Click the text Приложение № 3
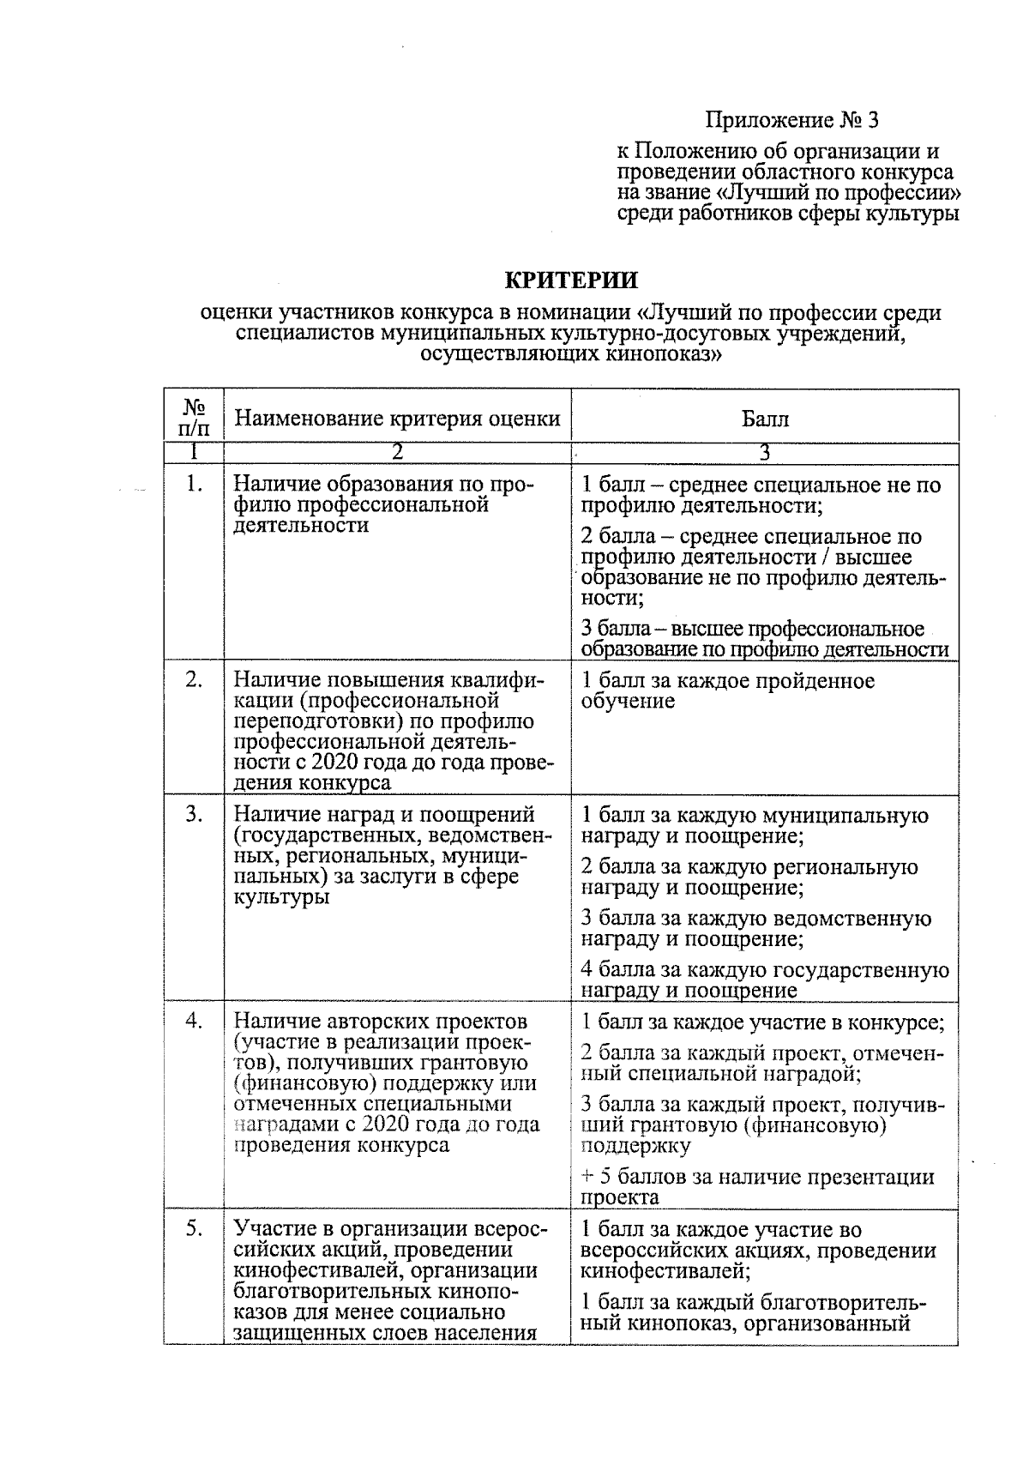pyautogui.click(x=792, y=119)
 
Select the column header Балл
pyautogui.click(x=764, y=419)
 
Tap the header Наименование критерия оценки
pyautogui.click(x=397, y=419)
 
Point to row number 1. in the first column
pyautogui.click(x=194, y=485)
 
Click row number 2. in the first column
pyautogui.click(x=194, y=680)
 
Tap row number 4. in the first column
pyautogui.click(x=194, y=1022)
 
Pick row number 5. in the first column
pyautogui.click(x=194, y=1229)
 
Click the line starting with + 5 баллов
pyautogui.click(x=757, y=1178)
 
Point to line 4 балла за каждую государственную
pyautogui.click(x=764, y=970)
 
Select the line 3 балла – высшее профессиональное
pyautogui.click(x=752, y=630)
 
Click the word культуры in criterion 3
pyautogui.click(x=281, y=898)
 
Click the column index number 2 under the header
pyautogui.click(x=397, y=452)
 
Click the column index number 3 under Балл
pyautogui.click(x=764, y=452)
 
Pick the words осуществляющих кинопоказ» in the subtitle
pyautogui.click(x=570, y=353)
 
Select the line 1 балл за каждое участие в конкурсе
pyautogui.click(x=762, y=1022)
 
